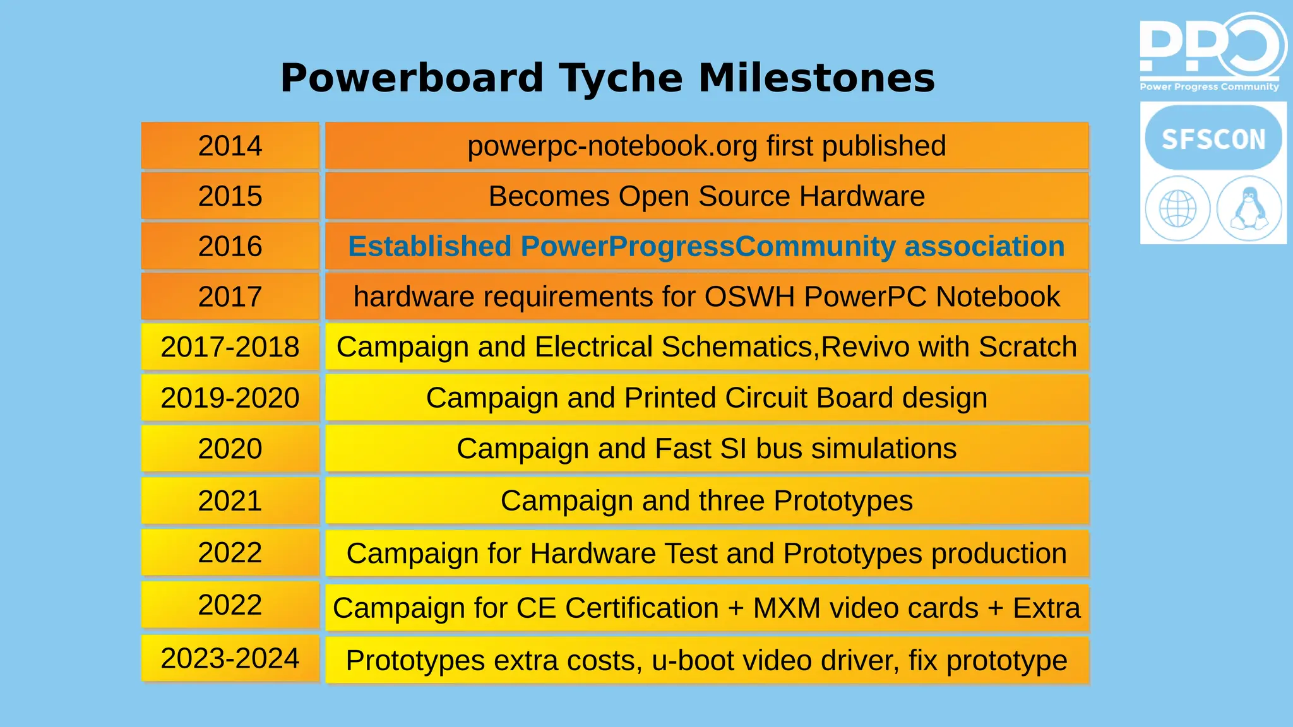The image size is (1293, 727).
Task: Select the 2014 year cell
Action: click(230, 146)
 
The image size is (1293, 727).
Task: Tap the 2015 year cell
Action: click(230, 196)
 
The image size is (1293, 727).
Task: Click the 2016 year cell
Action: click(230, 246)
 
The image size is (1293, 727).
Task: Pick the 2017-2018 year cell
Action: click(230, 347)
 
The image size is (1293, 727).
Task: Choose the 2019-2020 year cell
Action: click(230, 398)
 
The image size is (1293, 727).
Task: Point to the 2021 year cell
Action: click(230, 501)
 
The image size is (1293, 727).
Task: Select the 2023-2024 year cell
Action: click(230, 659)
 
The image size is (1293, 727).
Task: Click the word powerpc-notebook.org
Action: click(612, 146)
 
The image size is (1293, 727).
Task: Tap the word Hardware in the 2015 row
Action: click(862, 196)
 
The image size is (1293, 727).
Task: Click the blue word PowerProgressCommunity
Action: click(708, 247)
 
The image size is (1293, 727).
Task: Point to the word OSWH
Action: click(749, 297)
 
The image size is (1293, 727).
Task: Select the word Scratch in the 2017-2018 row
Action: click(1027, 347)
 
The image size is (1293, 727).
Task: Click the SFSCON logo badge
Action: click(1213, 138)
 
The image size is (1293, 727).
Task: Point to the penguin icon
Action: click(1249, 208)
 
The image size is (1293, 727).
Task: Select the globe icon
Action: click(1177, 208)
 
